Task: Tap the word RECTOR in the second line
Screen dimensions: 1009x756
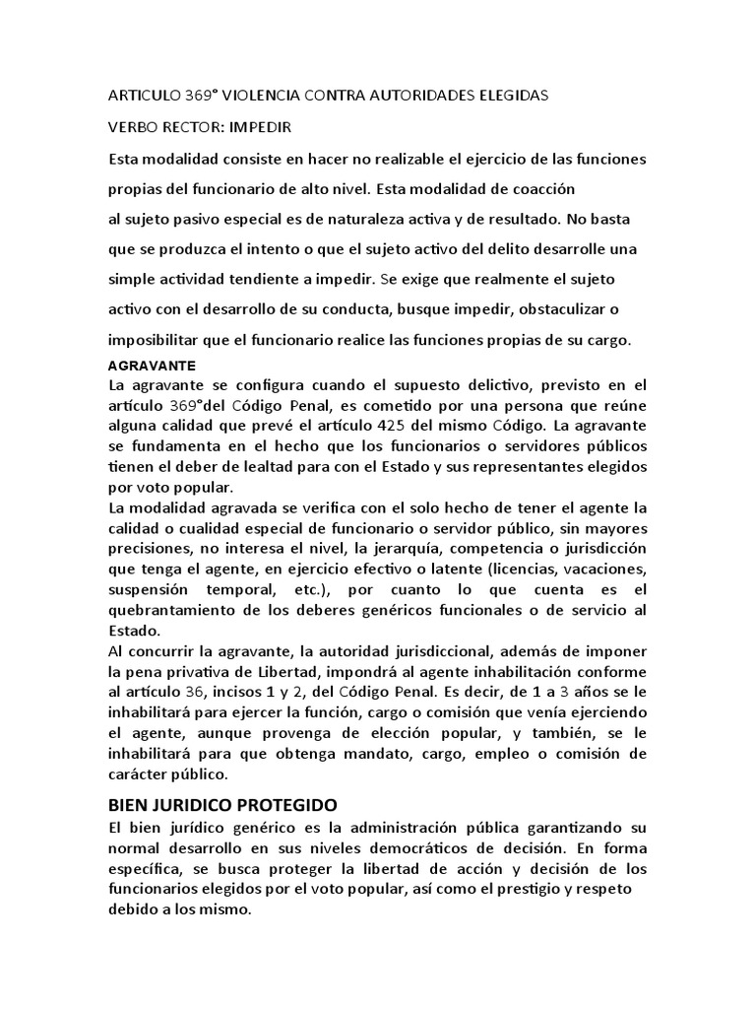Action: pyautogui.click(x=188, y=127)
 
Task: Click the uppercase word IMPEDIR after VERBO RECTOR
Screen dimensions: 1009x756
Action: pyautogui.click(x=260, y=127)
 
